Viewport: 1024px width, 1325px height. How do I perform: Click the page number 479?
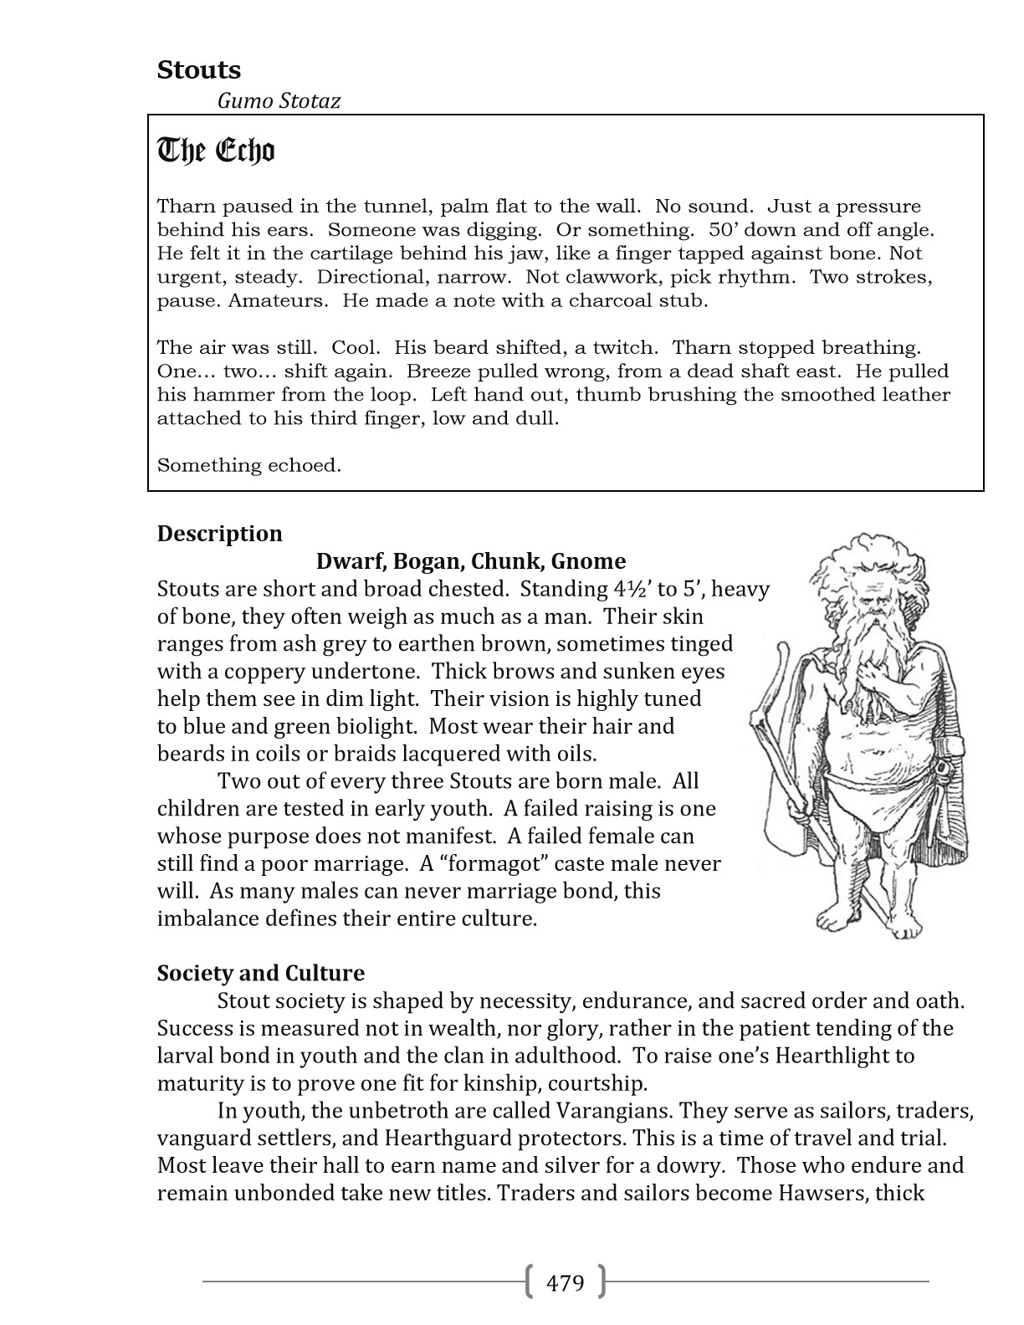[565, 1282]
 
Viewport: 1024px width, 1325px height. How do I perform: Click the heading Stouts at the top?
[199, 70]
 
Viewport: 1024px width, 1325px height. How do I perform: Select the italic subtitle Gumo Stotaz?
[279, 101]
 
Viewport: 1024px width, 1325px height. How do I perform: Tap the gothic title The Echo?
[216, 151]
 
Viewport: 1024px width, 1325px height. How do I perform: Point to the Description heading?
[220, 534]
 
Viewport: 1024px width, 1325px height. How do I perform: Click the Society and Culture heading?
[261, 973]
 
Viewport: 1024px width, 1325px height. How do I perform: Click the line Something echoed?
[249, 465]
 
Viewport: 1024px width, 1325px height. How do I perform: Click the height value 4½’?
[632, 589]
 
